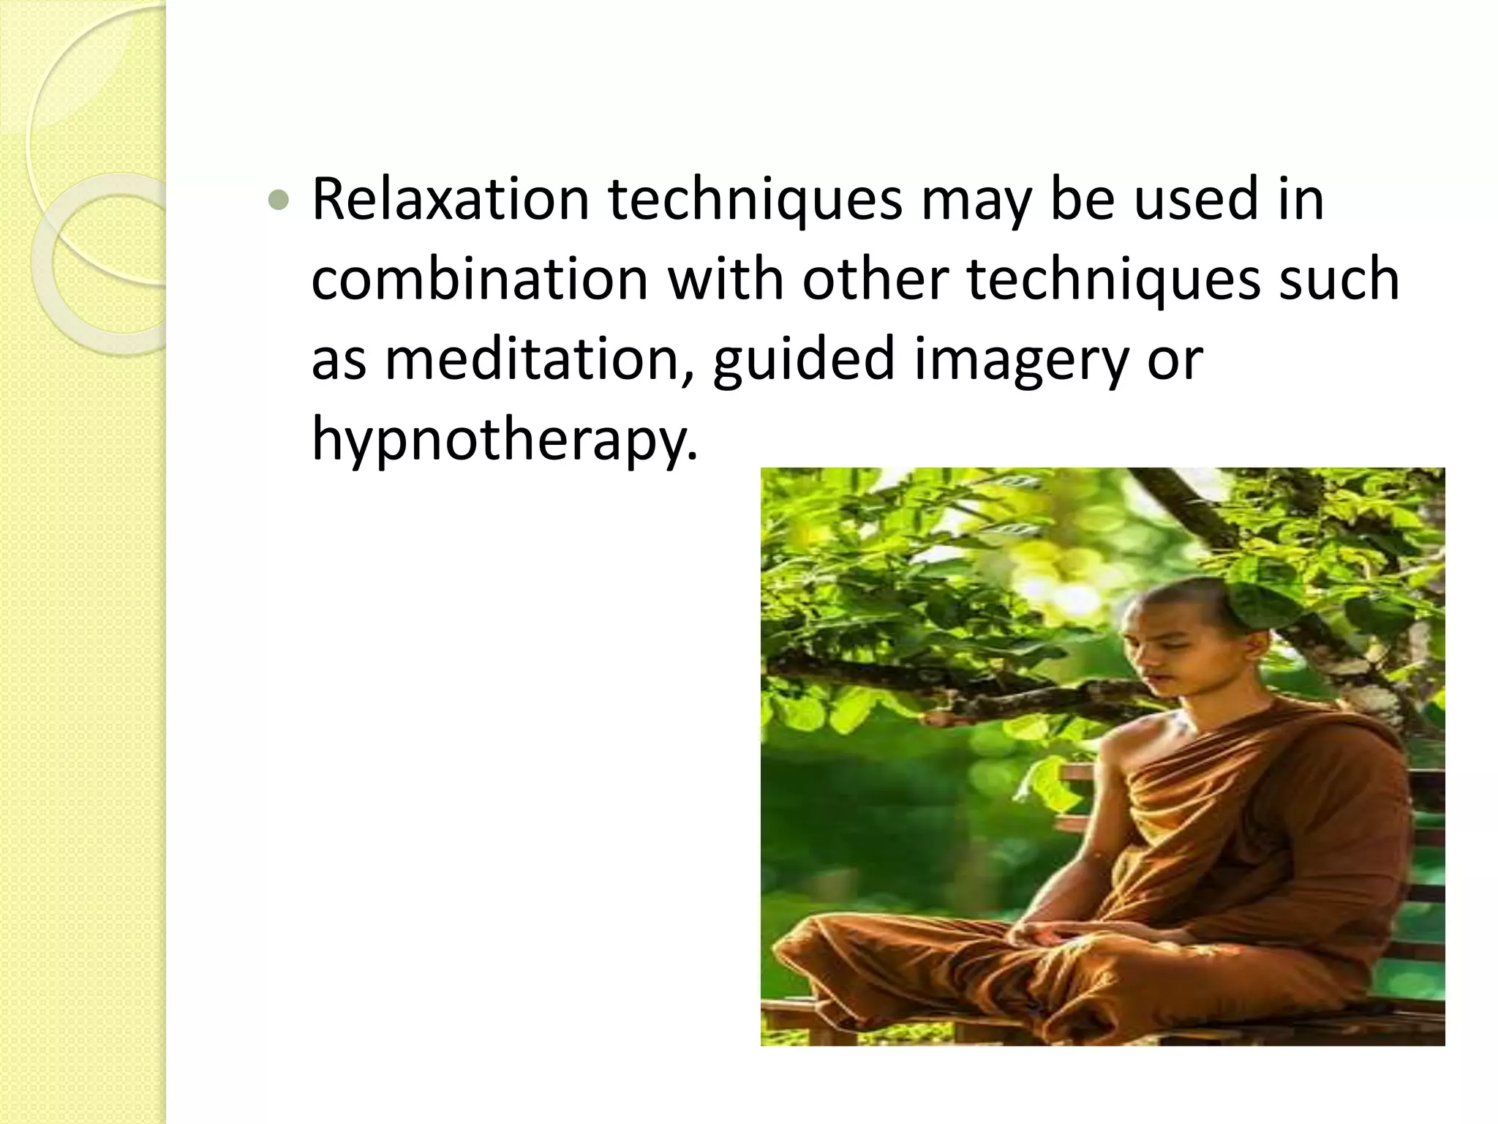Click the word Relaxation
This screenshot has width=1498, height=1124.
tap(451, 199)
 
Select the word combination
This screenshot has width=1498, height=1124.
tap(480, 280)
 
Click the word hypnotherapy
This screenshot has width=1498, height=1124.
tap(505, 441)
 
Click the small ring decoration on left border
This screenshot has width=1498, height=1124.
tap(95, 263)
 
